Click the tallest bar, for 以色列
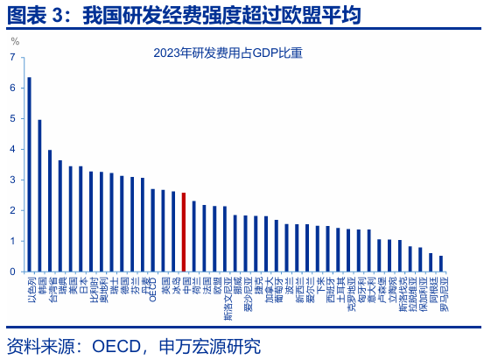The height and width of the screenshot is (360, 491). click(x=29, y=174)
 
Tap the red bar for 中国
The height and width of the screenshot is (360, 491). click(x=183, y=232)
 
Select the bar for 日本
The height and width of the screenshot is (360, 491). click(x=81, y=219)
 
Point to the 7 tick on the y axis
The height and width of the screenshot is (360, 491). click(x=12, y=58)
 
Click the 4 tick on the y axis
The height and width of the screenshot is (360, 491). click(x=12, y=150)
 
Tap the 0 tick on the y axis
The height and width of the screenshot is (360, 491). click(x=12, y=272)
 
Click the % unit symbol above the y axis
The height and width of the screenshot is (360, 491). click(x=15, y=41)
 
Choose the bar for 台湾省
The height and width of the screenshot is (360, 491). click(x=50, y=211)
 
